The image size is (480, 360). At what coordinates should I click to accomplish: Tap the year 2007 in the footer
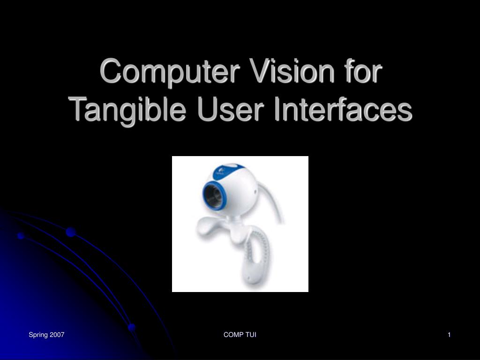point(57,335)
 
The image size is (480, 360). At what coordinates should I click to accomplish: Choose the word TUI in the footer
point(250,335)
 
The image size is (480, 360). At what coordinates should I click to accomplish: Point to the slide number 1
point(449,335)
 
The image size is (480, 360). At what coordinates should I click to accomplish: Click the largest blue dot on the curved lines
point(71,232)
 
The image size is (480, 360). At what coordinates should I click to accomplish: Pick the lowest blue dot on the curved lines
point(132,327)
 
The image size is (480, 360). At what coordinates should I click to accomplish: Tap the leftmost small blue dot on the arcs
point(21,236)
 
